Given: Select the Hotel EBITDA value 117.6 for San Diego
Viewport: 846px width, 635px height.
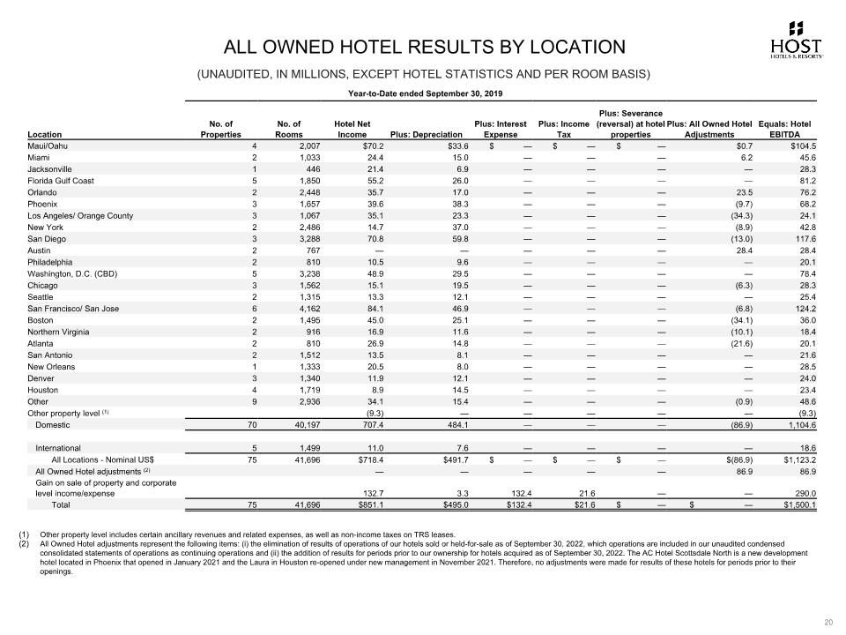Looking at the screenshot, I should pyautogui.click(x=802, y=238).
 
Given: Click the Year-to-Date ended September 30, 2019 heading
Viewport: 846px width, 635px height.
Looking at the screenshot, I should pyautogui.click(x=427, y=93).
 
